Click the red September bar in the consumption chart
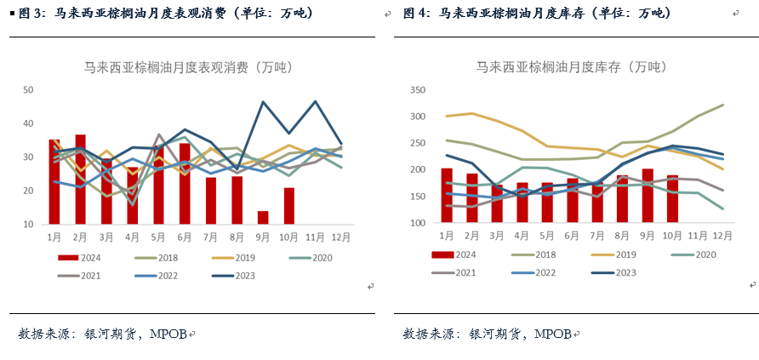pyautogui.click(x=263, y=217)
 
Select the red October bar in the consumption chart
pyautogui.click(x=289, y=206)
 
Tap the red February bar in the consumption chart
pyautogui.click(x=80, y=179)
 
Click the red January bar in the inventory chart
pyautogui.click(x=447, y=196)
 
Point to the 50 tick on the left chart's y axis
pyautogui.click(x=28, y=90)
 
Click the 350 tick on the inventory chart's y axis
pyautogui.click(x=417, y=90)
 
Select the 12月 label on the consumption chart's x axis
pyautogui.click(x=342, y=236)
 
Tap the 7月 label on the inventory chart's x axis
pyautogui.click(x=597, y=235)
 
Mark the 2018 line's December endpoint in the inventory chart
pyautogui.click(x=723, y=105)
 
